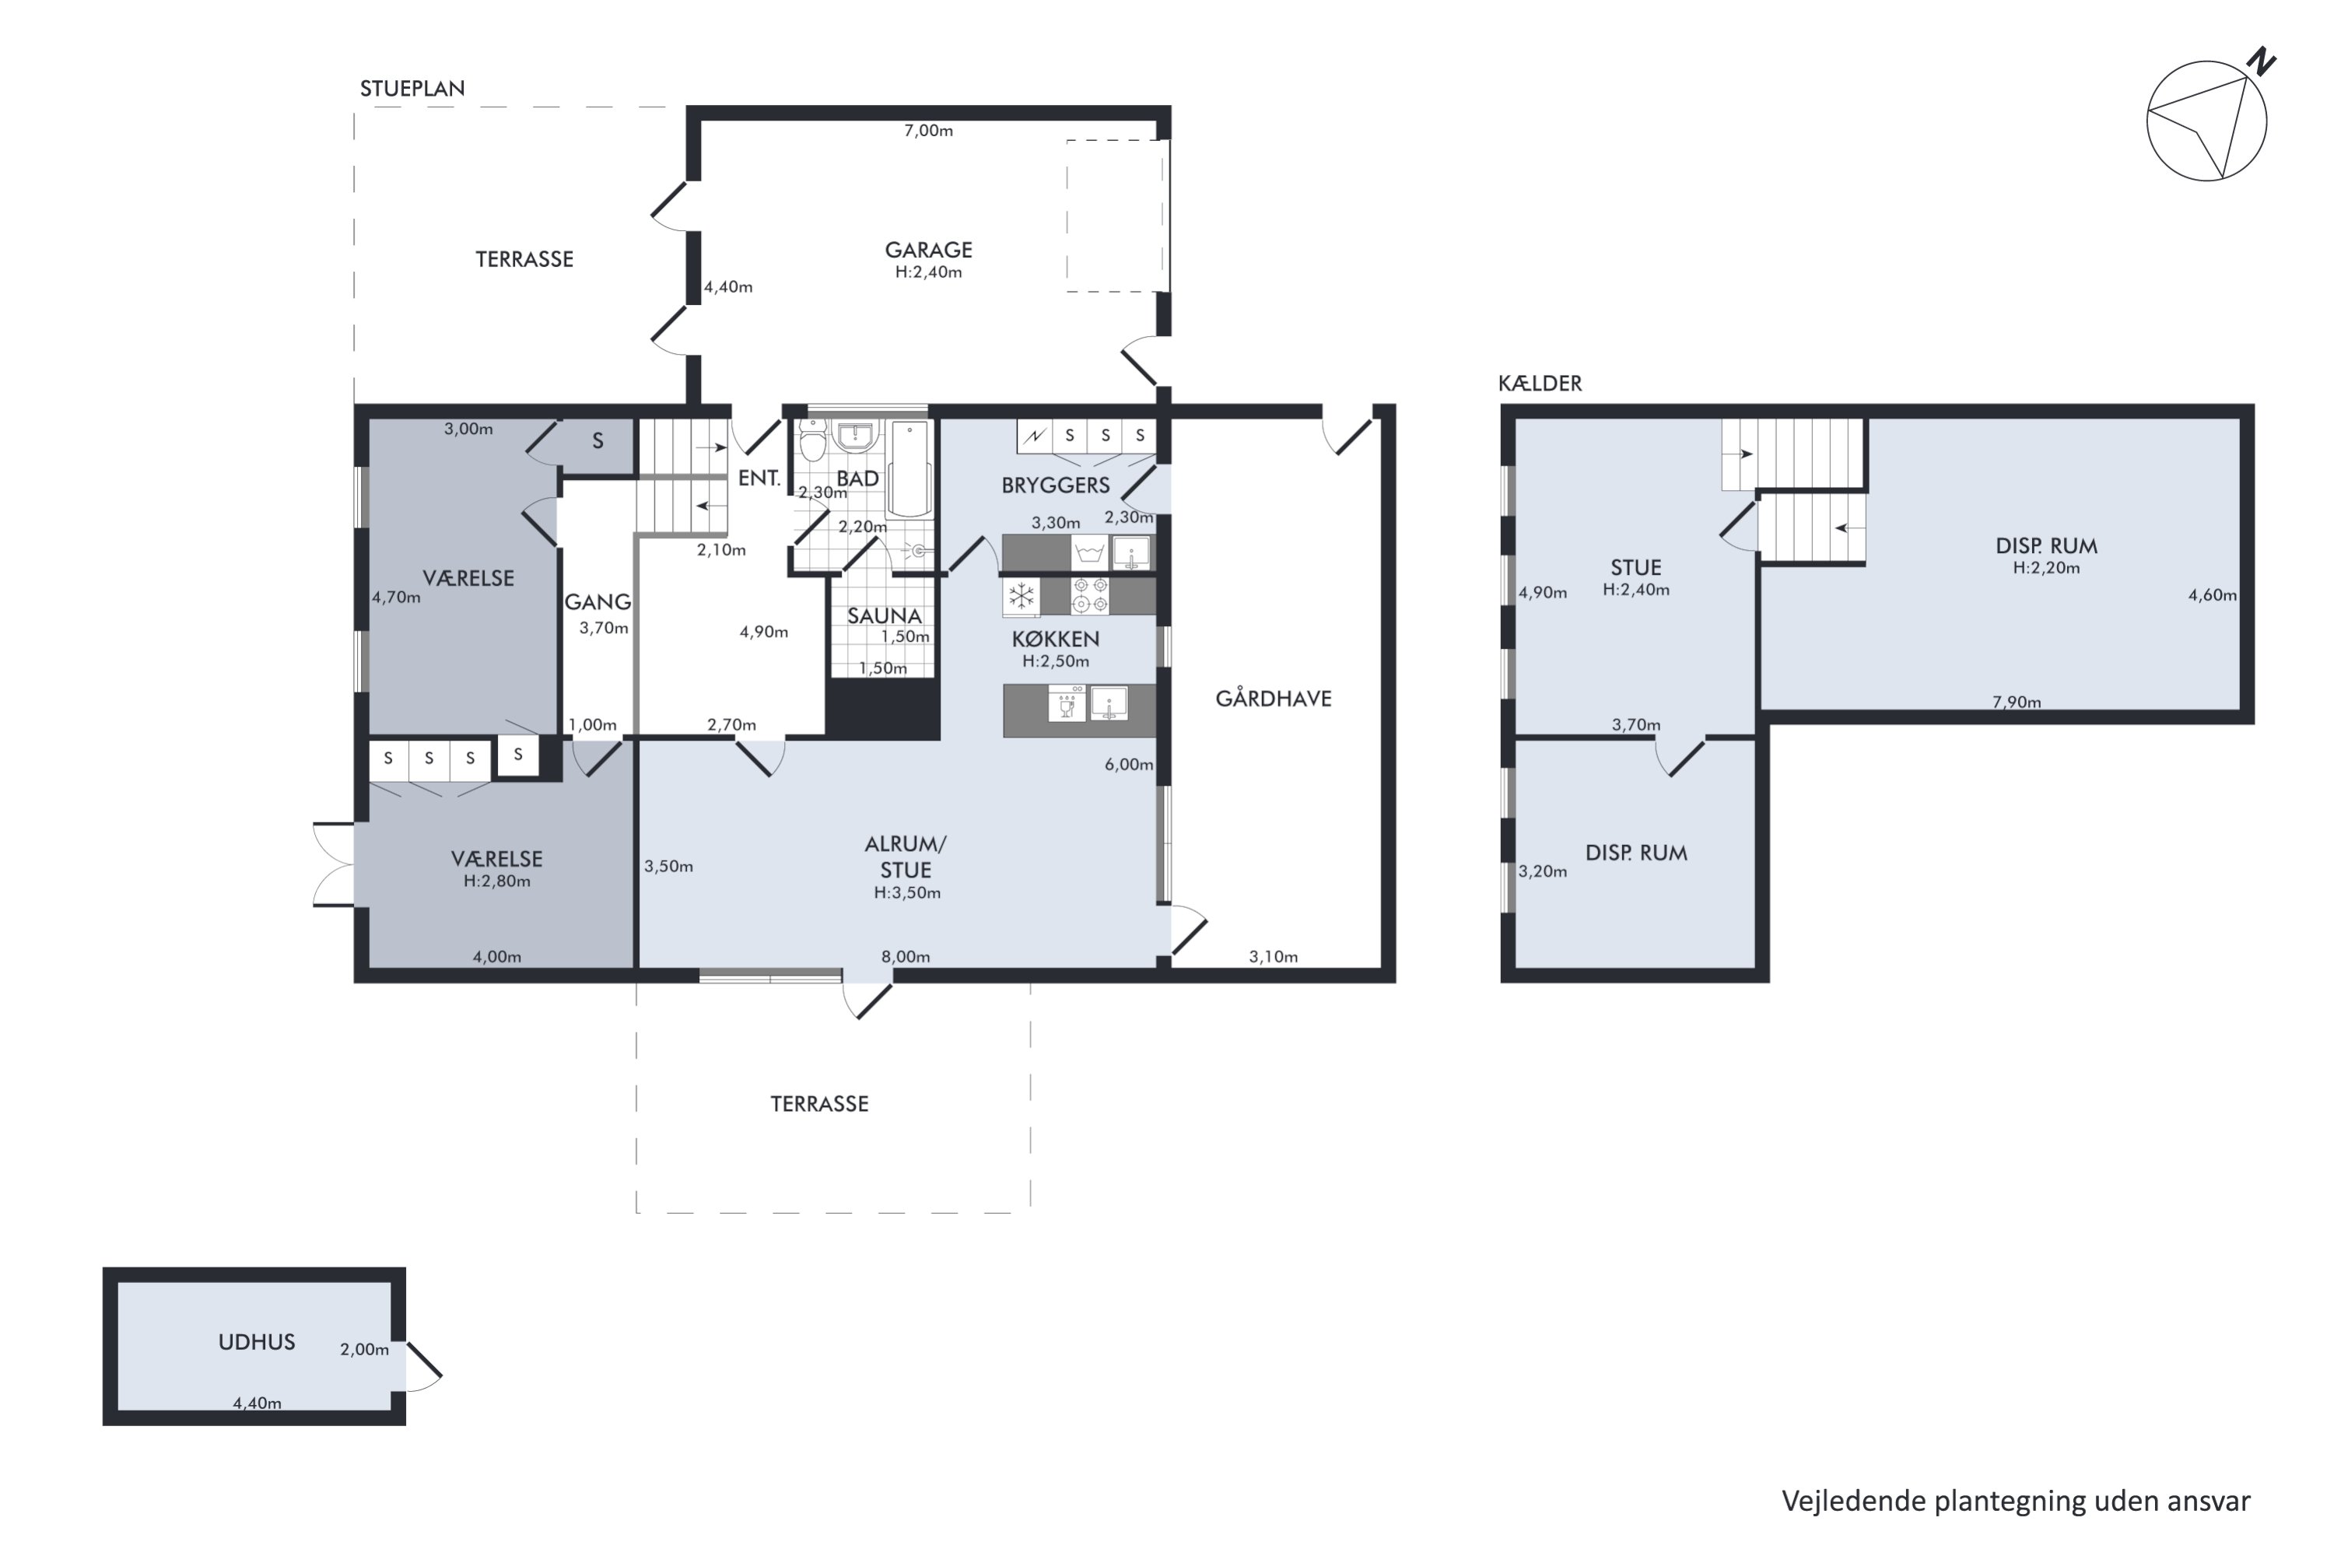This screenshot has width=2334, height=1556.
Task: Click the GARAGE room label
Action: (928, 250)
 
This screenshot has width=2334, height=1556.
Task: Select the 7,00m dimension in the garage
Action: (928, 130)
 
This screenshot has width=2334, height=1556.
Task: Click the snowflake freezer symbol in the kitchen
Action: (1021, 597)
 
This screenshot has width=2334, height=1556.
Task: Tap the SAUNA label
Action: (884, 616)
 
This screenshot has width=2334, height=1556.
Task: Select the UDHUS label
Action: (257, 1341)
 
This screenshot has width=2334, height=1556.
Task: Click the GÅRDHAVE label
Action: (1273, 699)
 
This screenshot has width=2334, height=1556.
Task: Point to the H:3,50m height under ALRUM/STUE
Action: (907, 893)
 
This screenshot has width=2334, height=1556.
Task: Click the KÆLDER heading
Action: (1540, 383)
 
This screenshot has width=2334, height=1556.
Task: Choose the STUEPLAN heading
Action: (412, 89)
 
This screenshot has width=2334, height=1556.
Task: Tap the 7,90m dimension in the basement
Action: (2017, 702)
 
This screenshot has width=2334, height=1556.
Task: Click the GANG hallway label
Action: (598, 601)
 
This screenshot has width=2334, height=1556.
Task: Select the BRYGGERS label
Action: (1055, 485)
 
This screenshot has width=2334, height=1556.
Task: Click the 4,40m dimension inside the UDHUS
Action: (257, 1404)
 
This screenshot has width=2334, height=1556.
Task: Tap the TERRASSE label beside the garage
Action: (524, 259)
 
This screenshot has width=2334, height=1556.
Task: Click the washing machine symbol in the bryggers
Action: (1090, 552)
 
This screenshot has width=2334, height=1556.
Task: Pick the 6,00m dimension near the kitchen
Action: (1130, 764)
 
